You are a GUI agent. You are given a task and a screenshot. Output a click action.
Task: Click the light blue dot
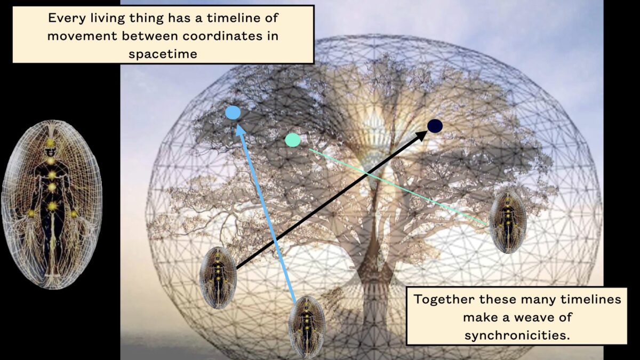tap(233, 113)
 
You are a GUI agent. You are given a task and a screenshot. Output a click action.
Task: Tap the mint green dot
tap(293, 140)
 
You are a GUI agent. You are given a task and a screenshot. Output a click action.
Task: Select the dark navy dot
tap(435, 126)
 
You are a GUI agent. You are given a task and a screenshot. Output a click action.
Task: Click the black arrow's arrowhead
tap(421, 135)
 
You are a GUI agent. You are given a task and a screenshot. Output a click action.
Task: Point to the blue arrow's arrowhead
tap(241, 130)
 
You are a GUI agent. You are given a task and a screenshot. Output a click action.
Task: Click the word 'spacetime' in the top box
tap(163, 54)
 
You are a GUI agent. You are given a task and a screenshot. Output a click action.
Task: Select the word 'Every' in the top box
tap(67, 18)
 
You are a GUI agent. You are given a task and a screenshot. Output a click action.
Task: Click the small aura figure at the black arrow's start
tap(218, 278)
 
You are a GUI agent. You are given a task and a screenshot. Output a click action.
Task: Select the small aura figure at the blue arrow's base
tap(307, 327)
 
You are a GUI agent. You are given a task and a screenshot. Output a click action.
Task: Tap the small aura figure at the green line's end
tap(508, 222)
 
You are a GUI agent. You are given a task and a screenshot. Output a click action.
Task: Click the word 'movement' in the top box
tap(82, 36)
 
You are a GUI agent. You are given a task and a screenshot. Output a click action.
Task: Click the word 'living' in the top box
tap(108, 19)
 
